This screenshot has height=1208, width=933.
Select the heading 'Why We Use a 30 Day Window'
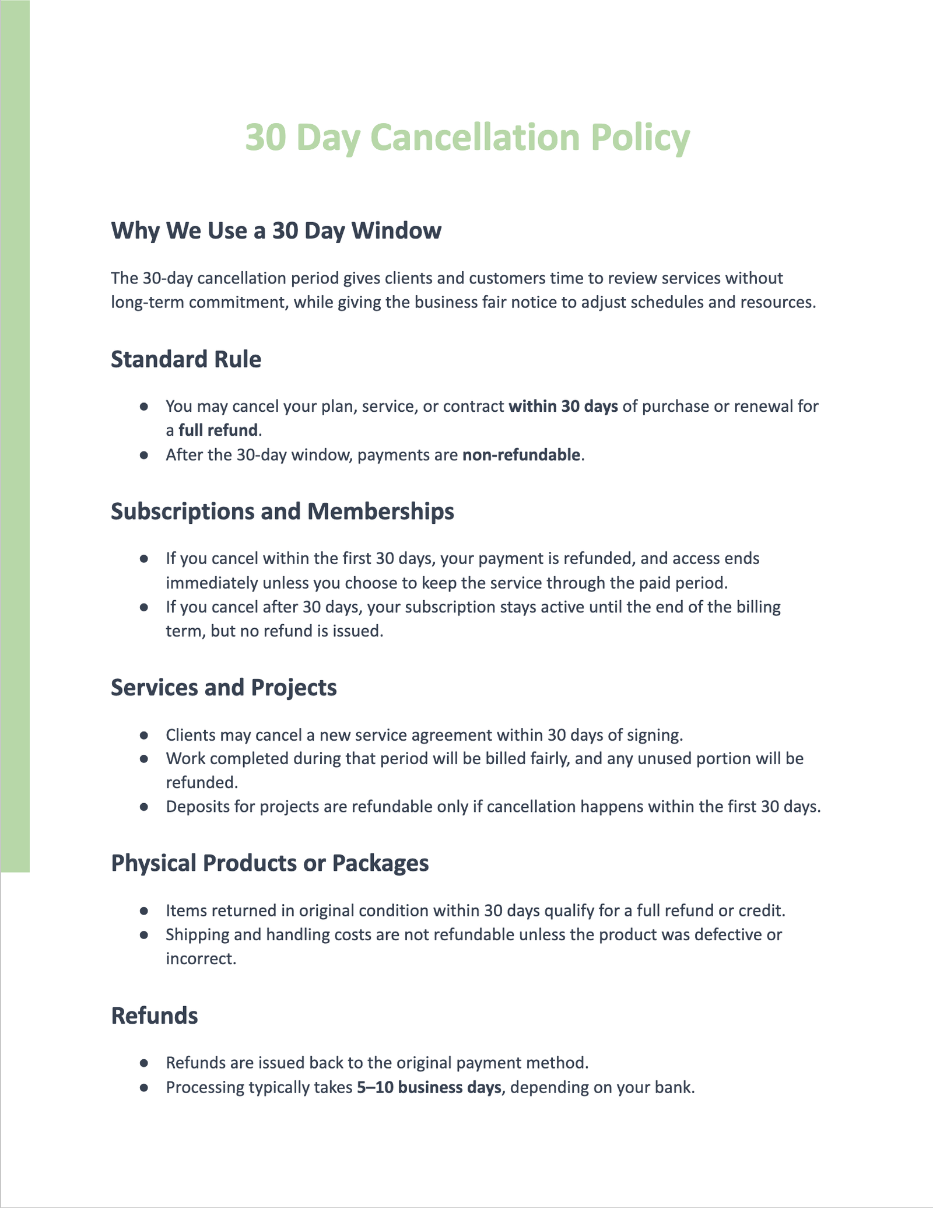(276, 230)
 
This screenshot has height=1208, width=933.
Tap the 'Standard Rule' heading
(186, 359)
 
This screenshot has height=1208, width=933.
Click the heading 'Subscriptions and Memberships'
(282, 512)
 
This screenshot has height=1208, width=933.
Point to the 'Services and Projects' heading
(223, 688)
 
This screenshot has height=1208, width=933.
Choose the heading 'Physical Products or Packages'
(269, 863)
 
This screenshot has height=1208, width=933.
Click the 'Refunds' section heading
(155, 1016)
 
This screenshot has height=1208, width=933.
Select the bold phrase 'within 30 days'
(563, 406)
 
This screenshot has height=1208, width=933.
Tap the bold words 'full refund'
(218, 430)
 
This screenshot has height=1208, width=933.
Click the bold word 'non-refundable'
(521, 454)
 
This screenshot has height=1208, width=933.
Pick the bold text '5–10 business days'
(429, 1088)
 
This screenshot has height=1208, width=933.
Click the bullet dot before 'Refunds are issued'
(144, 1063)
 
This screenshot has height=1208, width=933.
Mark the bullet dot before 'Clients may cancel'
(144, 735)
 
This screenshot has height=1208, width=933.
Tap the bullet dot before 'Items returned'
(144, 911)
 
